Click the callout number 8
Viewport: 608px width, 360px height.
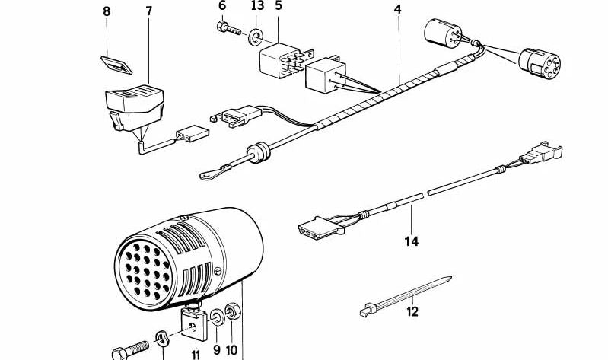107,12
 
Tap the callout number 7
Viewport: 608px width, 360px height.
148,12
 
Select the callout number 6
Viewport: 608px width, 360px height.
222,6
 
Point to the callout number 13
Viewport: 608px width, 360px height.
257,6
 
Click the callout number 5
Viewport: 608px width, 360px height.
278,6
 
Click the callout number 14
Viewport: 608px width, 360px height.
412,242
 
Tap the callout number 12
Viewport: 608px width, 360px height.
412,311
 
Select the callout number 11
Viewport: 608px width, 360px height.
195,354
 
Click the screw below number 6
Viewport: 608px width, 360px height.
228,30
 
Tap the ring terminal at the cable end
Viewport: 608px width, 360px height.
207,175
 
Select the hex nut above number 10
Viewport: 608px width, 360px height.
234,312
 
